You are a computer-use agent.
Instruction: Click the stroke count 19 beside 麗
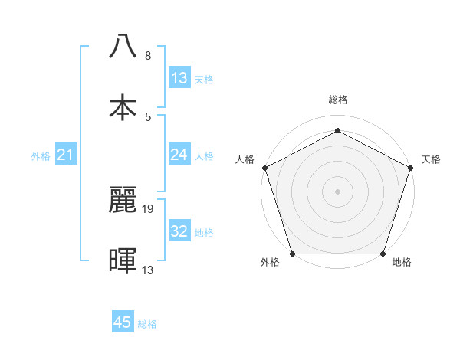(148, 208)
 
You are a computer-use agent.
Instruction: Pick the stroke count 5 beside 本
(148, 116)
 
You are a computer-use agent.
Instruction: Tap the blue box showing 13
(179, 78)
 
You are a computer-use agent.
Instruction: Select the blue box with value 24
(179, 155)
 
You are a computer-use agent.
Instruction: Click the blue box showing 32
(179, 231)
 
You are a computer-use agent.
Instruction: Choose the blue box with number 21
(66, 155)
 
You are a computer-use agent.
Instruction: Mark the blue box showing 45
(123, 322)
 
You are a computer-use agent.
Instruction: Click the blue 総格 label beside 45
(147, 324)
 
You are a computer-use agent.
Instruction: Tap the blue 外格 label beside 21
(41, 156)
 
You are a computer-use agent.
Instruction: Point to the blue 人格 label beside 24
(204, 156)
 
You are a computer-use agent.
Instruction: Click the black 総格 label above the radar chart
(337, 100)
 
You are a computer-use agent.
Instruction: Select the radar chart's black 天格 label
(431, 159)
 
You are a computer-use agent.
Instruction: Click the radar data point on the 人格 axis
(265, 167)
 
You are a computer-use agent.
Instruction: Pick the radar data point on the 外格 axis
(292, 254)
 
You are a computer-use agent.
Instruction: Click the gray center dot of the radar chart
(337, 191)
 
